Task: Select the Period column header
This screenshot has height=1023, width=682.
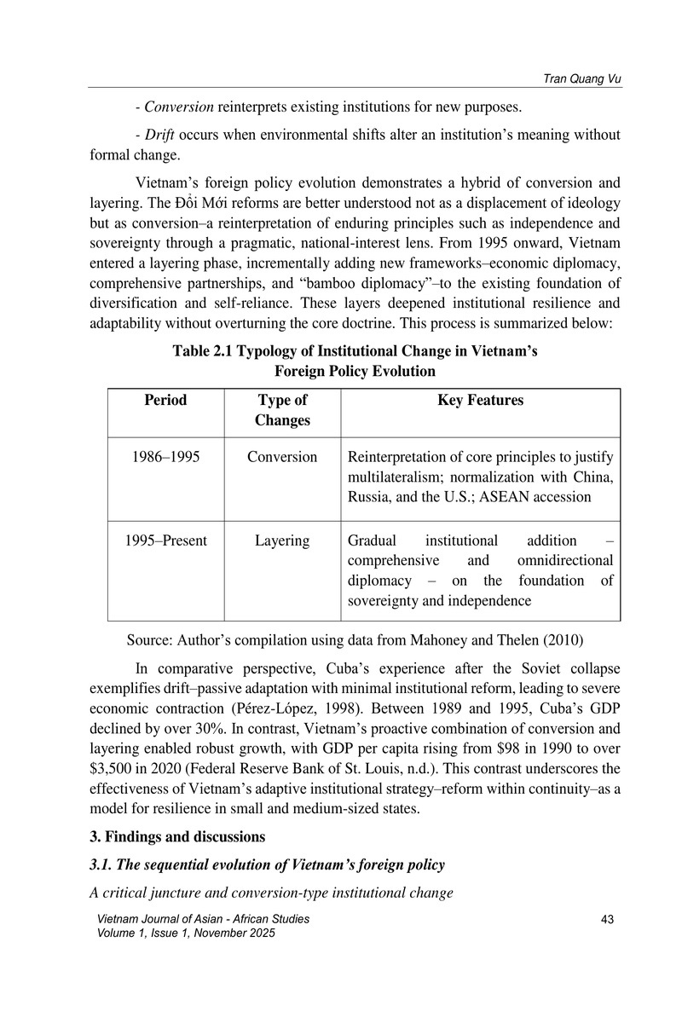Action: point(166,400)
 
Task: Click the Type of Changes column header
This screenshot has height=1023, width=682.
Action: point(282,410)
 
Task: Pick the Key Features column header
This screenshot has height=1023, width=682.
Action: point(480,400)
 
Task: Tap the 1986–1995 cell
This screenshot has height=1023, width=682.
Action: point(166,456)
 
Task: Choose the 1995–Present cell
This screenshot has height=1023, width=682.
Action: point(166,540)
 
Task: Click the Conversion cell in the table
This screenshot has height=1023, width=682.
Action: point(282,456)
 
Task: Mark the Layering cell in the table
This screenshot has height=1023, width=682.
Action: point(282,540)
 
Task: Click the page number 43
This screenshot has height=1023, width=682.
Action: point(607,918)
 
